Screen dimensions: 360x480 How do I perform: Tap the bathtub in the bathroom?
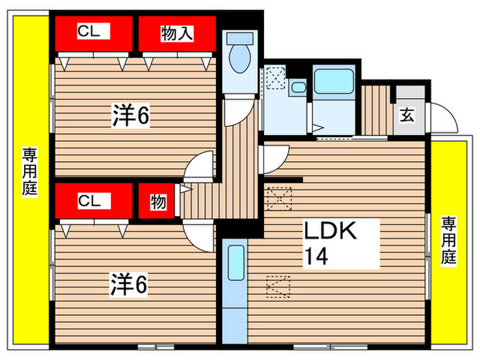[x=333, y=82]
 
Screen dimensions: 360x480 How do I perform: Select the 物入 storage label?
[x=176, y=32]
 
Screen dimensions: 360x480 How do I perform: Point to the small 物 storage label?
[x=158, y=202]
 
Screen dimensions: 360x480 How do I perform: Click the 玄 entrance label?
[x=407, y=115]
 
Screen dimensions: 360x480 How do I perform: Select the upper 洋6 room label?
[x=130, y=117]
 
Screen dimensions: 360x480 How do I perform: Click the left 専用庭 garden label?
[x=29, y=172]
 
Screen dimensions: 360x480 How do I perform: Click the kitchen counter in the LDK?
[x=235, y=288]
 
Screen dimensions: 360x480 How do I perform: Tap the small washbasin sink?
[x=298, y=87]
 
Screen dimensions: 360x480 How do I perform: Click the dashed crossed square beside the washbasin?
[x=276, y=77]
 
